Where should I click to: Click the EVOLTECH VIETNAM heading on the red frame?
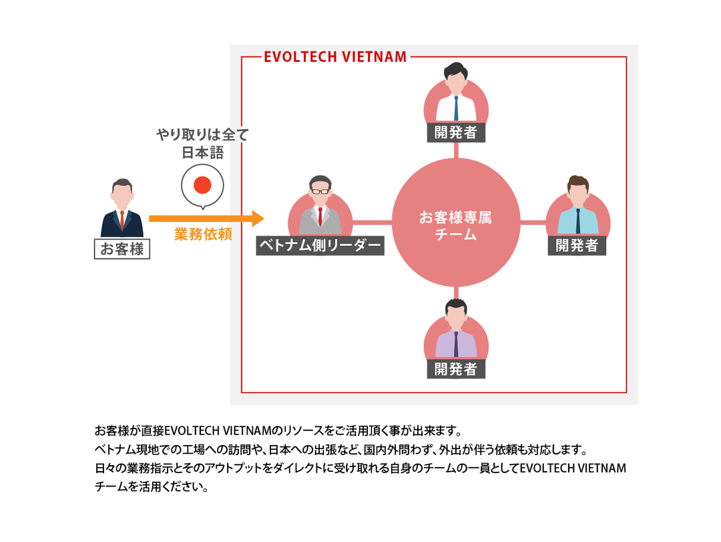point(335,57)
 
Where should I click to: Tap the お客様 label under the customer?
point(122,249)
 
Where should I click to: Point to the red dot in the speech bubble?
point(202,185)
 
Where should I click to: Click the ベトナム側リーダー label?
point(320,246)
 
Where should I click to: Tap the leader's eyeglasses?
point(320,191)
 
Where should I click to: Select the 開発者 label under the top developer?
point(455,132)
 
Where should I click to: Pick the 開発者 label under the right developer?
point(577,245)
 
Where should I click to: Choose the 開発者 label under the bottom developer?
point(455,369)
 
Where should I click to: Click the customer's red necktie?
point(122,220)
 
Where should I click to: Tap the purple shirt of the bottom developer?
point(445,346)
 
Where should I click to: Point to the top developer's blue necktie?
point(456,108)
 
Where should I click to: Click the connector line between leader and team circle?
point(373,222)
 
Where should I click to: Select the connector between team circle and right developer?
point(533,222)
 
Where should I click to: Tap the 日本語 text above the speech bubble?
point(202,153)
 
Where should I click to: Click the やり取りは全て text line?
point(202,136)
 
